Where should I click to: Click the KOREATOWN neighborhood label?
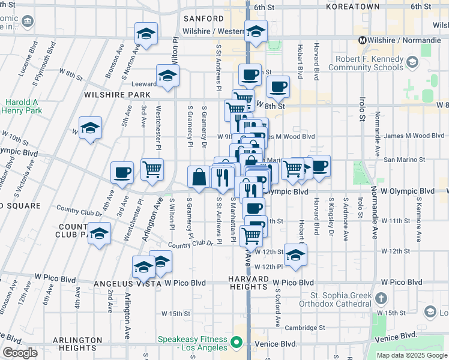(x=353, y=7)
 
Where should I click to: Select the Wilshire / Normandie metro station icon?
(x=363, y=40)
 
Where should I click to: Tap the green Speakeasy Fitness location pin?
(x=237, y=343)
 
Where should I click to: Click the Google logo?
(x=20, y=353)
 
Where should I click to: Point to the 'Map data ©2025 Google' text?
(x=412, y=355)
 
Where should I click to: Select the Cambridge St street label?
(x=305, y=328)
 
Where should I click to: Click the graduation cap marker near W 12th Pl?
(x=295, y=255)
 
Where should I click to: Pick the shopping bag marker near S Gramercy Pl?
(x=199, y=176)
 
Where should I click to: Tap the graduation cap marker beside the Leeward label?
(x=167, y=76)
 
